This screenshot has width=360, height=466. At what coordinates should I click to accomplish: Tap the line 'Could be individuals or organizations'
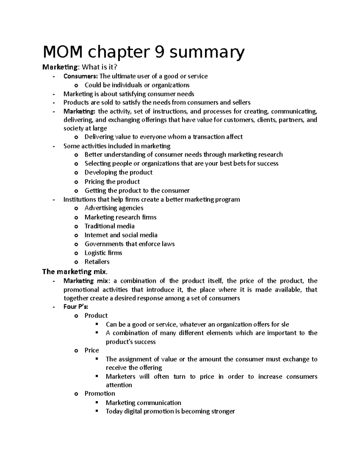(x=137, y=85)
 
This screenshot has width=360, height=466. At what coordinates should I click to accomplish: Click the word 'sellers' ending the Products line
(x=241, y=102)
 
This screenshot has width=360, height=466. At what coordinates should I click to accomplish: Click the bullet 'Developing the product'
(x=118, y=173)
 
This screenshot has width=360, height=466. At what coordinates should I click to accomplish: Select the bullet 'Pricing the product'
(x=112, y=182)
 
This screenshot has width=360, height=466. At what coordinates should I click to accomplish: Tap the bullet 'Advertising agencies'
(x=114, y=208)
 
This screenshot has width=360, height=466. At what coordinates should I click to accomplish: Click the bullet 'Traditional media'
(x=109, y=226)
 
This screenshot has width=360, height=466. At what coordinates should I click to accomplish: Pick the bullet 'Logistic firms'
(x=103, y=253)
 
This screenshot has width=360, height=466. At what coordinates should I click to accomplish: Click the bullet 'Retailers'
(x=97, y=262)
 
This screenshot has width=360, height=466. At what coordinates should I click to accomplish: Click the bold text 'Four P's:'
(x=76, y=307)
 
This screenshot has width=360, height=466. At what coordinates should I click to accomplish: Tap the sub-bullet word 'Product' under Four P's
(x=96, y=315)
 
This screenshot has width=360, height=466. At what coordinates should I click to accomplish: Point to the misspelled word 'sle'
(x=285, y=324)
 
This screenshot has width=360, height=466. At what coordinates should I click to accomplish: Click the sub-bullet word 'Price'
(x=91, y=350)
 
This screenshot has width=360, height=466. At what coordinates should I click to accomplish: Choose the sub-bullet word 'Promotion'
(x=100, y=393)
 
